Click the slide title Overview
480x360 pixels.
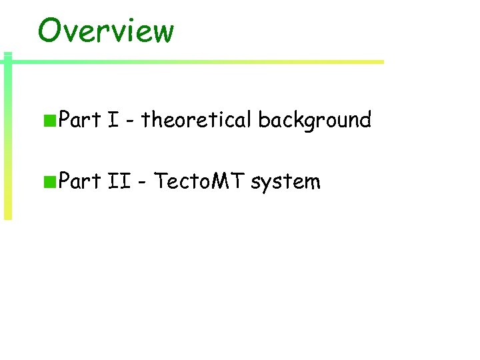(105, 31)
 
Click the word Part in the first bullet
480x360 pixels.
(79, 120)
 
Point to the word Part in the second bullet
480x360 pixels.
(79, 181)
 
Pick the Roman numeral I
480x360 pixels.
(113, 120)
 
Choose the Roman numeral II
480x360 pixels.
(119, 181)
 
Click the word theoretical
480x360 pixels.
(196, 120)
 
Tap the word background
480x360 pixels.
(314, 120)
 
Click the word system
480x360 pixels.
(285, 182)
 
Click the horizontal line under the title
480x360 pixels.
(200, 62)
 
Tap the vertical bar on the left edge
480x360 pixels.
(7, 140)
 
